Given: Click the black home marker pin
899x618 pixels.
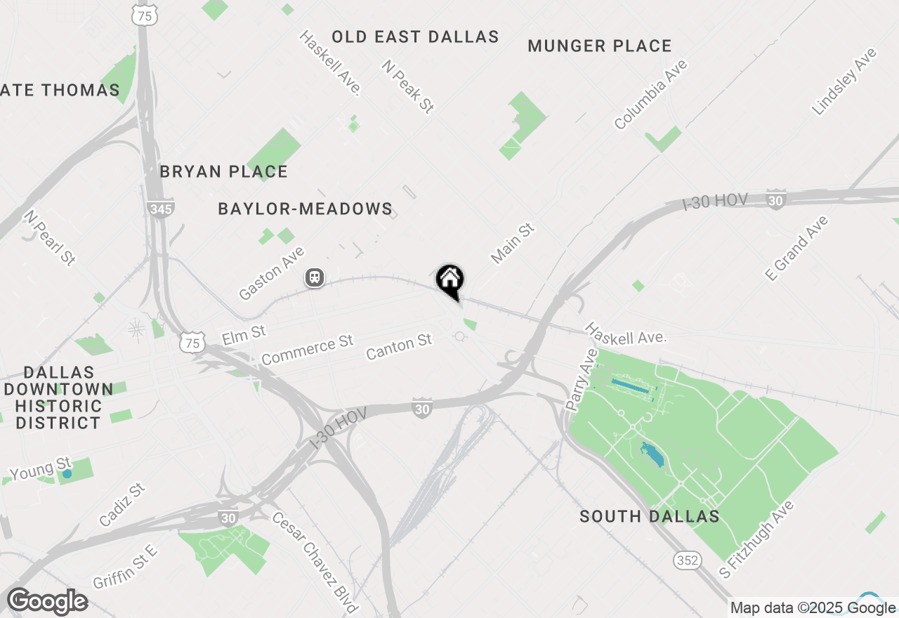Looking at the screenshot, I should [450, 280].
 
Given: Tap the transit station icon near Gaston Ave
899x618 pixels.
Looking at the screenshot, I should [315, 278].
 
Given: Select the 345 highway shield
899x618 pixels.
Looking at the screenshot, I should [161, 209].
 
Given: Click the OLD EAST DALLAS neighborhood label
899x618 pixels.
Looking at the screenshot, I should [415, 37].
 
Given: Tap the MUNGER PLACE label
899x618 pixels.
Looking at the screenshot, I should [600, 46].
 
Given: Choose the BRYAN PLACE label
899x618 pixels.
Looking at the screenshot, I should [223, 172].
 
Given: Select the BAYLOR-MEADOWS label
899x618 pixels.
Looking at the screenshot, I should [305, 209].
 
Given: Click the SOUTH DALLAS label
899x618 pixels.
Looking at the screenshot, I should [649, 517].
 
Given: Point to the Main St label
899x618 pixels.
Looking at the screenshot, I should [513, 244].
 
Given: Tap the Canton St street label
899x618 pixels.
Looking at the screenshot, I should [399, 346].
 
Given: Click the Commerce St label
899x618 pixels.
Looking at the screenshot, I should [307, 350].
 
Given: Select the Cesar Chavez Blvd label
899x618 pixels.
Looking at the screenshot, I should [315, 562].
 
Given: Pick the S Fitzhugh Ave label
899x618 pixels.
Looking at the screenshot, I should [756, 539].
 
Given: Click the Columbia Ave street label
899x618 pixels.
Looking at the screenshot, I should [650, 95].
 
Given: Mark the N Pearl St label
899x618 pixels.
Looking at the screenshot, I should [50, 237].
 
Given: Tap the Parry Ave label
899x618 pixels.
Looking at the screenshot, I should [580, 380].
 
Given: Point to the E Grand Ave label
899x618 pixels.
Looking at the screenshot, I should [796, 249].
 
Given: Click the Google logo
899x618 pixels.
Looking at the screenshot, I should [47, 602].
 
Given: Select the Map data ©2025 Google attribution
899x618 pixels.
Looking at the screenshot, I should [813, 608].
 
